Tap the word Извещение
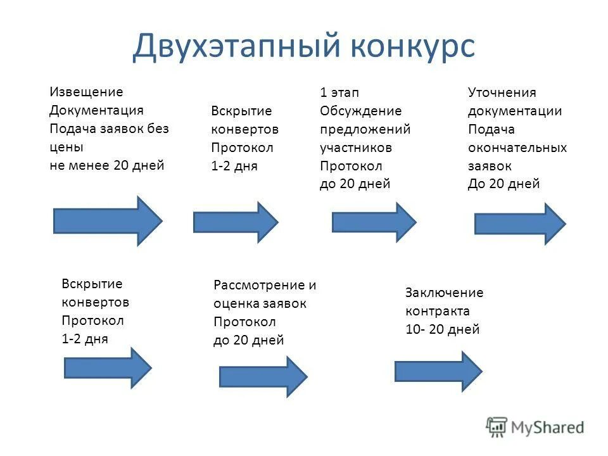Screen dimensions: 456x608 click(x=86, y=92)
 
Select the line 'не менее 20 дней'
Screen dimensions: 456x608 click(x=106, y=166)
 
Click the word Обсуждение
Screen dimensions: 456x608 click(x=360, y=111)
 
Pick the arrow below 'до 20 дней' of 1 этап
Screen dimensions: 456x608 click(x=374, y=222)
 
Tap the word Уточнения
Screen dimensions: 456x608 click(x=502, y=92)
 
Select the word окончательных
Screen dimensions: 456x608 click(x=517, y=148)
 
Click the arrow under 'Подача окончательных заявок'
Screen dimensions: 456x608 click(x=519, y=224)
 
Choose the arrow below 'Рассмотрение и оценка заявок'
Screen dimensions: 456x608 click(x=263, y=376)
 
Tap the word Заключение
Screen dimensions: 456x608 click(x=444, y=293)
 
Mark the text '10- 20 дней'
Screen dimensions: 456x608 click(x=442, y=329)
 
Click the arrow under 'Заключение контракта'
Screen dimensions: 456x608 click(x=438, y=371)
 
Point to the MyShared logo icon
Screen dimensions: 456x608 click(x=497, y=427)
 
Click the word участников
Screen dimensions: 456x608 click(x=355, y=148)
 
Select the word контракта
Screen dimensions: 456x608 click(x=437, y=311)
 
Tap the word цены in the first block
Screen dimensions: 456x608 click(x=66, y=148)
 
